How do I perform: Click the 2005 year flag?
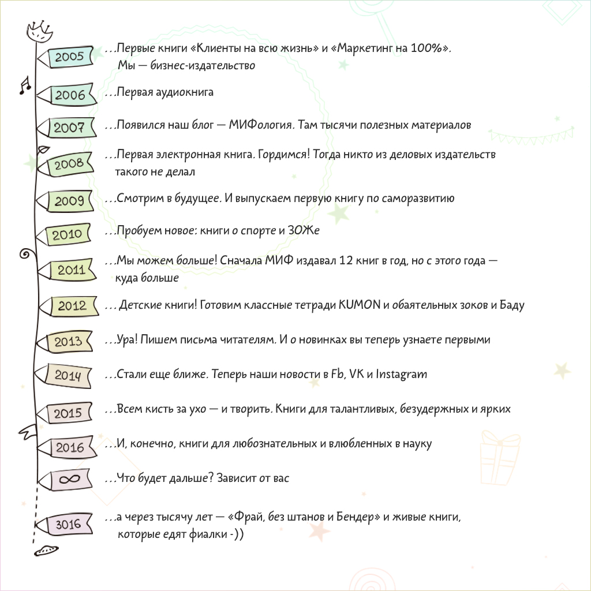click(68, 57)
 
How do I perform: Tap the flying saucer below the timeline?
click(45, 551)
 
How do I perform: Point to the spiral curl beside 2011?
click(25, 253)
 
